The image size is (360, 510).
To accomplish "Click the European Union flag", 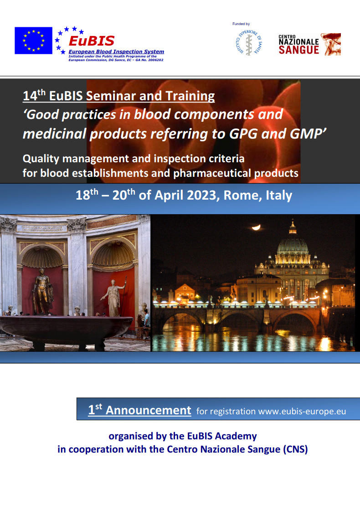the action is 34,40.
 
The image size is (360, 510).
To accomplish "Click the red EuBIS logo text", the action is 92,41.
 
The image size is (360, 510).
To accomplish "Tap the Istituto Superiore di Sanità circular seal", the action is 249,43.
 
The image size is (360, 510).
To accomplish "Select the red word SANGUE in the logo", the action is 299,50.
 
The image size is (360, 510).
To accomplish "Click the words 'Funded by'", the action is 241,24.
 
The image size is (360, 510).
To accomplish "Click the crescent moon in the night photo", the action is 256,227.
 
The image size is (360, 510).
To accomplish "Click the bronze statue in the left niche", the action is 42,291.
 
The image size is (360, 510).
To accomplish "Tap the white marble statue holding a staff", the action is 114,297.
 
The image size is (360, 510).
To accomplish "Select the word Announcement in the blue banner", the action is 148,410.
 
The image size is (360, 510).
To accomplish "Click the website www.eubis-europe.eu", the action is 302,411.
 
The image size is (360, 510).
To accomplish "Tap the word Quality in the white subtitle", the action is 41,159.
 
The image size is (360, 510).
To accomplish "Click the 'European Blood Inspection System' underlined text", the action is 116,52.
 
